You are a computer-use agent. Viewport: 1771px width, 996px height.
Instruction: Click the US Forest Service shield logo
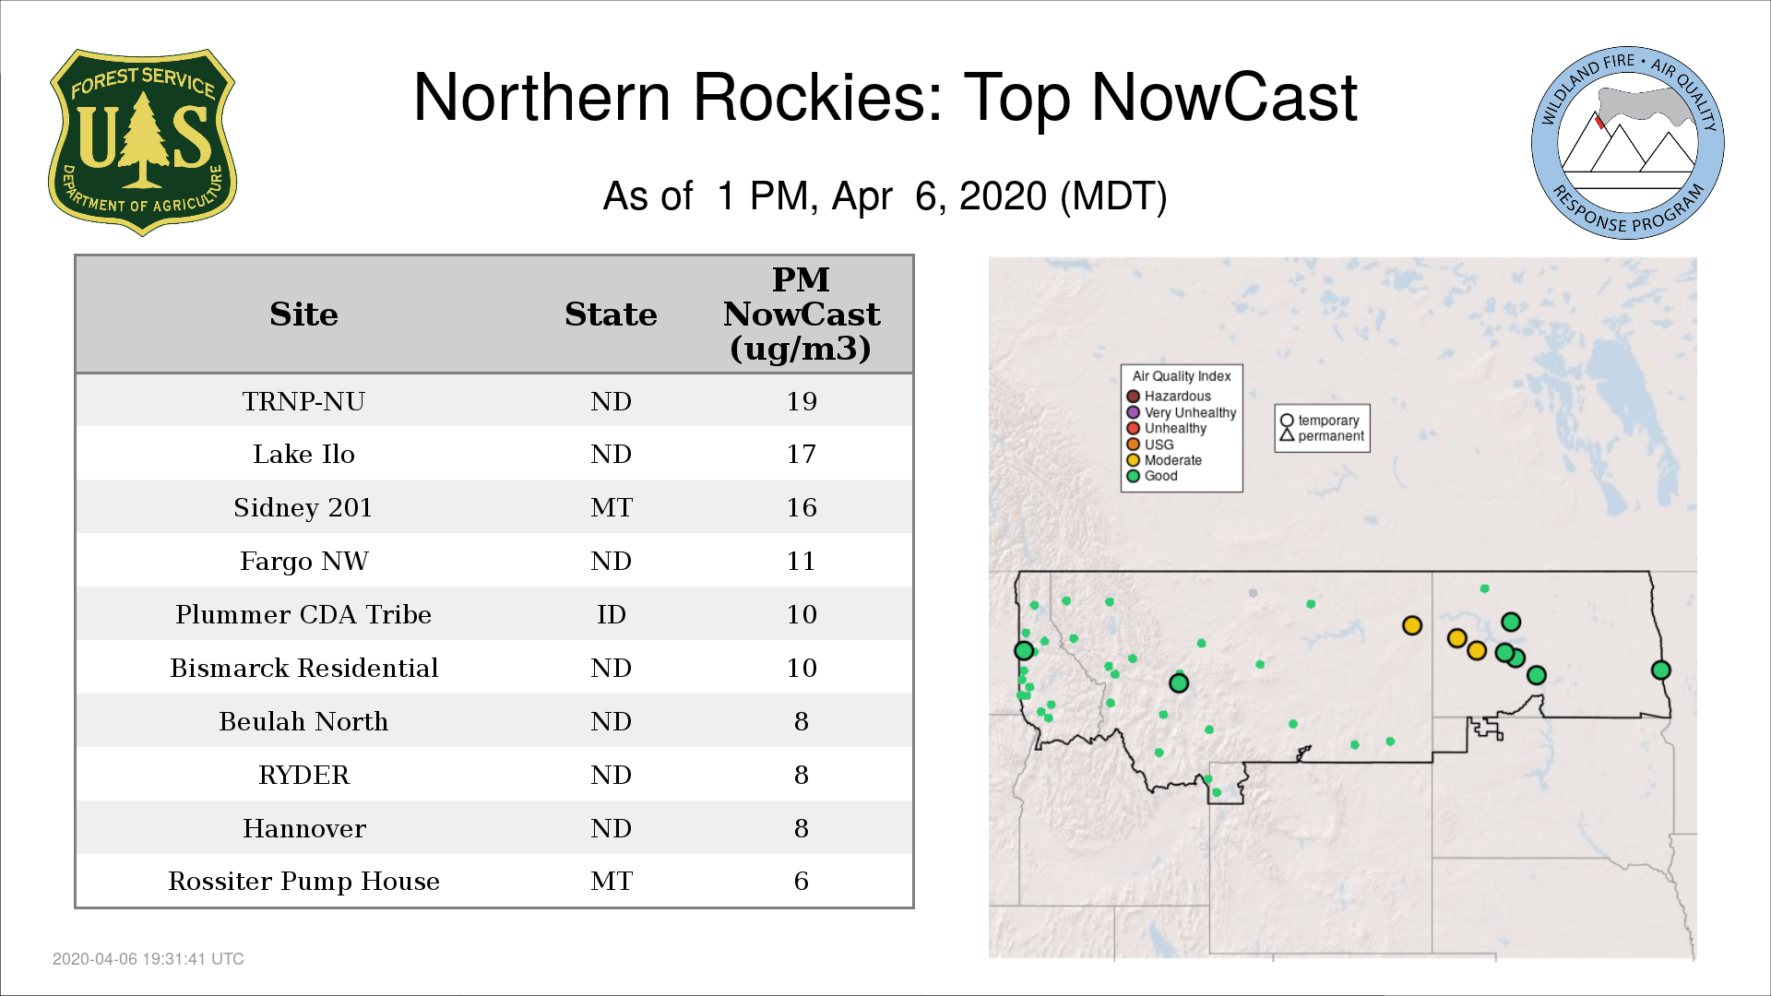[x=142, y=143]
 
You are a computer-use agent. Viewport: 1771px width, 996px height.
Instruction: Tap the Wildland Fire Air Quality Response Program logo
[x=1628, y=143]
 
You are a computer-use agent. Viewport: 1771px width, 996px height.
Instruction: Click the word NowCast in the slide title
[x=1224, y=97]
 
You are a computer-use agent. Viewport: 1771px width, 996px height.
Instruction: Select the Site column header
[x=303, y=314]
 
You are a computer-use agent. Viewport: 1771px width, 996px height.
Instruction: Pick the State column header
[x=611, y=314]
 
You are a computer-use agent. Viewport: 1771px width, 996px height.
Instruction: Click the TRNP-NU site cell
[x=303, y=401]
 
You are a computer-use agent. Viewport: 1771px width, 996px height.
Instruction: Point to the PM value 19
[x=802, y=401]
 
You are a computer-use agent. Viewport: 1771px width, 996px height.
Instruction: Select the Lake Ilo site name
[x=303, y=454]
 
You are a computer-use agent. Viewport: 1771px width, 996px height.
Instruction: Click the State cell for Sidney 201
[x=612, y=507]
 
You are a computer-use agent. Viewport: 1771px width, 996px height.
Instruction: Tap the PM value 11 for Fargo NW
[x=802, y=561]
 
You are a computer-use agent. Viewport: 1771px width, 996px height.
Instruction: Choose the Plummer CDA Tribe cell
[x=303, y=614]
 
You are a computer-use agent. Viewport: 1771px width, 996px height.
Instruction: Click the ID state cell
[x=612, y=614]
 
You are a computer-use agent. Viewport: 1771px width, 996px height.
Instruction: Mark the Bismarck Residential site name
[x=303, y=668]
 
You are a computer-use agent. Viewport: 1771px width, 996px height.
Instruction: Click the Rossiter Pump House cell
[x=303, y=882]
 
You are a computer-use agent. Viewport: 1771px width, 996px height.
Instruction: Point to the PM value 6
[x=802, y=882]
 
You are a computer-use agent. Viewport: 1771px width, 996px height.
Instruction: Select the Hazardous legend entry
[x=1169, y=397]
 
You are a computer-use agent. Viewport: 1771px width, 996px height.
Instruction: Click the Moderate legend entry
[x=1164, y=460]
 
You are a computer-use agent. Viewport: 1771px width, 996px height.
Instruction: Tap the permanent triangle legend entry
[x=1322, y=435]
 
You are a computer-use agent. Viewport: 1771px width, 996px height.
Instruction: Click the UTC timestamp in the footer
[x=149, y=959]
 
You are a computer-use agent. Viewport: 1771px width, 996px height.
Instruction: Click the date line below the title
[x=885, y=196]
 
